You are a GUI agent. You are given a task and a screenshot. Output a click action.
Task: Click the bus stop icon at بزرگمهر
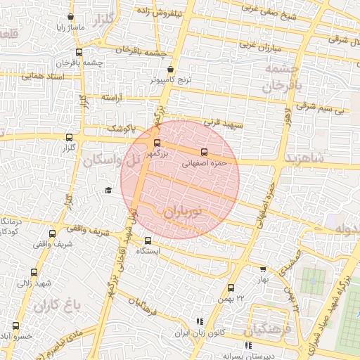pos(156,143)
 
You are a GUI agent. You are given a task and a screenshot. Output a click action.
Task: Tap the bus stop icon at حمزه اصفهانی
pos(205,152)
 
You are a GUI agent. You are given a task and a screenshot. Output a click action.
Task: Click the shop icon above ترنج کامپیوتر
pos(171,70)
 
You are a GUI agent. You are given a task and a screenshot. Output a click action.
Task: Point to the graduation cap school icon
pos(108,190)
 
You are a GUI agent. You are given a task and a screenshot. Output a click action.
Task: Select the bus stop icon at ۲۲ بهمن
pos(231,287)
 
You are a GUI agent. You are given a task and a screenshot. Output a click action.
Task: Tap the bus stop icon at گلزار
pos(69,138)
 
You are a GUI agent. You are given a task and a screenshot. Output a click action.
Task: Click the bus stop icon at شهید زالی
pos(34,272)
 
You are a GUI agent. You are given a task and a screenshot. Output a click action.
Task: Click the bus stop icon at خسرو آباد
pos(15,326)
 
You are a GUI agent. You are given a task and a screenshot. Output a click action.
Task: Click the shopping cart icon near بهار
pos(263,269)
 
